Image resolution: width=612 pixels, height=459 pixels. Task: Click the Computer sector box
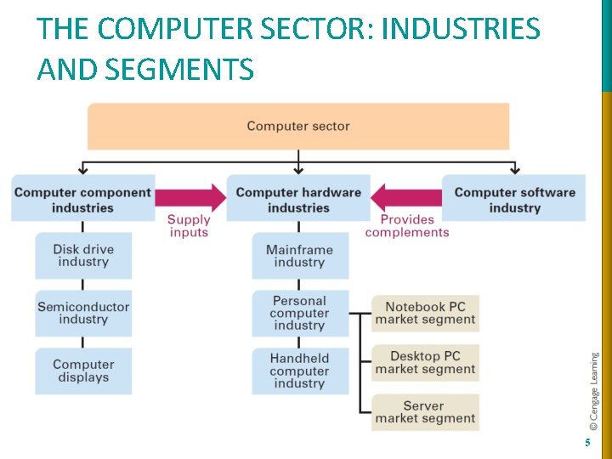(298, 126)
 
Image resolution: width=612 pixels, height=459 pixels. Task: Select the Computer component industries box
(82, 199)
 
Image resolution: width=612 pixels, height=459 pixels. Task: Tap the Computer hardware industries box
(298, 199)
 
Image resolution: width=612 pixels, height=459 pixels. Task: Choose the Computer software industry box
(514, 199)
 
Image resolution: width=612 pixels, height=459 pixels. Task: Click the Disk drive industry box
(83, 255)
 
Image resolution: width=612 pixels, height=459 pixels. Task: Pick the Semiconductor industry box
(83, 313)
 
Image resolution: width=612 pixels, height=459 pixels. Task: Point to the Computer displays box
(83, 371)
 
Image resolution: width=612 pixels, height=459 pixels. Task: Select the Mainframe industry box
(299, 255)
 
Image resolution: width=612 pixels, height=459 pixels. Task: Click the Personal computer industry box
(299, 313)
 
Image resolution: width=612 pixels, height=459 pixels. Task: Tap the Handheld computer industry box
(299, 371)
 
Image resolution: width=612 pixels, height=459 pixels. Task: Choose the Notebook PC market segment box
(426, 313)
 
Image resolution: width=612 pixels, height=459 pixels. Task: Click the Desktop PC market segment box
(426, 362)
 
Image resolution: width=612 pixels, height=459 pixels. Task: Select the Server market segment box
(426, 411)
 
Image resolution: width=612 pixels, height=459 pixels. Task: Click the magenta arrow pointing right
(190, 197)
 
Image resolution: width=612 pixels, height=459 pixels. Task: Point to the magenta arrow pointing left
(406, 197)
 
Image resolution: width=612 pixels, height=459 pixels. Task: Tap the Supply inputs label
(189, 225)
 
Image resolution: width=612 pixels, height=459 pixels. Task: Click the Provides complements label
(407, 225)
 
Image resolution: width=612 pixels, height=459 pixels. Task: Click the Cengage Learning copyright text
(595, 390)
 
